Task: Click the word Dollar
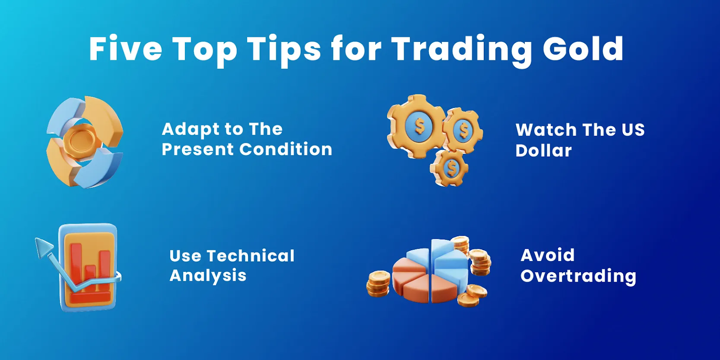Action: tap(544, 151)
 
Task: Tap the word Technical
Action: tap(251, 256)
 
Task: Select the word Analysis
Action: tap(208, 276)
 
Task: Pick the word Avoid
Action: tap(548, 255)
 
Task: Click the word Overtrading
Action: tap(578, 276)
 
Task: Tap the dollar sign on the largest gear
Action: tap(419, 126)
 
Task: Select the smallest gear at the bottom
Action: tap(450, 168)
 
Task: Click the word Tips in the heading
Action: tap(284, 49)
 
